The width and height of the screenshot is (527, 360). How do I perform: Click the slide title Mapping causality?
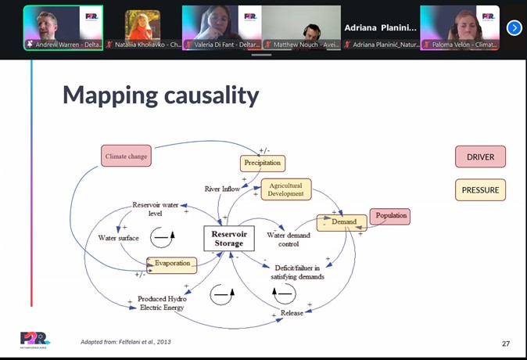(x=160, y=95)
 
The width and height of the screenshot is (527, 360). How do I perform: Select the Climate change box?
(x=125, y=157)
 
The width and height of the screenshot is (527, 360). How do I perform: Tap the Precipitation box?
(x=262, y=164)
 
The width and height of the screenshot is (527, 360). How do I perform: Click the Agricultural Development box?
(x=285, y=189)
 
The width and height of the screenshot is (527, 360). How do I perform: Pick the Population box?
(x=390, y=216)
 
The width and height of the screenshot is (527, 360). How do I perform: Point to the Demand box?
(x=342, y=222)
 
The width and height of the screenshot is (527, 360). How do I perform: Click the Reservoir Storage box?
(x=229, y=239)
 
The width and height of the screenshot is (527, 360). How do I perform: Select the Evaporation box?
(x=171, y=264)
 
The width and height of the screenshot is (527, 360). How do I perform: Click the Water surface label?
(x=118, y=238)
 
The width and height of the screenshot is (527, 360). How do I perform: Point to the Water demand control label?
(x=289, y=239)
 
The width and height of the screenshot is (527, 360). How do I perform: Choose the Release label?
(x=292, y=313)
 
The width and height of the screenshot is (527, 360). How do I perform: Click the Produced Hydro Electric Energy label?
(x=161, y=303)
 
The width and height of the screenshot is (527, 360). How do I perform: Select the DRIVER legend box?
(x=480, y=157)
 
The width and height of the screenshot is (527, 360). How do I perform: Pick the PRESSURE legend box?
(x=480, y=190)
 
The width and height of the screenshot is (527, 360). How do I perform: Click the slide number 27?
(x=506, y=344)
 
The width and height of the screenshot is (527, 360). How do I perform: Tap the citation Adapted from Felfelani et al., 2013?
(x=126, y=342)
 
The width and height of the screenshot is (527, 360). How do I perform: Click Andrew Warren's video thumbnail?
(x=63, y=28)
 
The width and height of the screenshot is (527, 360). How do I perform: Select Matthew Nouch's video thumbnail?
(x=302, y=28)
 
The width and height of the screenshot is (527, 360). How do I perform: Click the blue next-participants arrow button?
(x=514, y=28)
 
